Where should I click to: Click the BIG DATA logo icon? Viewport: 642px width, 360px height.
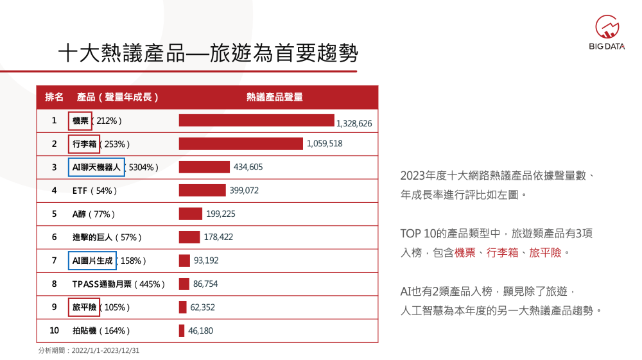pyautogui.click(x=607, y=27)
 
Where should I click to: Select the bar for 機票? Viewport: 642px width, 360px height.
pyautogui.click(x=256, y=121)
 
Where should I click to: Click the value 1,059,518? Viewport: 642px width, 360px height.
pyautogui.click(x=325, y=144)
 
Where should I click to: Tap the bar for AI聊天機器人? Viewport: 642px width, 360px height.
pyautogui.click(x=204, y=167)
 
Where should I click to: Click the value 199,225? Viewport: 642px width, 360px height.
pyautogui.click(x=221, y=214)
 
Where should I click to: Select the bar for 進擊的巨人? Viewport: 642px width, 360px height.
pyautogui.click(x=189, y=237)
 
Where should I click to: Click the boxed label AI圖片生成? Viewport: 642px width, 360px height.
pyautogui.click(x=92, y=261)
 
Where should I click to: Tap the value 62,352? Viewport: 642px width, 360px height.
pyautogui.click(x=203, y=307)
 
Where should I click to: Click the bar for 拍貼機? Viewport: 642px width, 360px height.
pyautogui.click(x=182, y=330)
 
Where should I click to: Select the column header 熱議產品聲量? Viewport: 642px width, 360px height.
pyautogui.click(x=275, y=98)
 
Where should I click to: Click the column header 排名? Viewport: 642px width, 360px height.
pyautogui.click(x=55, y=98)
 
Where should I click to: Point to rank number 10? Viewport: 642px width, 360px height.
pyautogui.click(x=55, y=330)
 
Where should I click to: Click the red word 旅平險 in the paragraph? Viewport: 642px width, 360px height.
pyautogui.click(x=545, y=253)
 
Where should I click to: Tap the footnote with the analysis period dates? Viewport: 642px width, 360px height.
pyautogui.click(x=89, y=351)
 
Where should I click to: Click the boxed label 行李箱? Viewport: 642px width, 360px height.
pyautogui.click(x=84, y=144)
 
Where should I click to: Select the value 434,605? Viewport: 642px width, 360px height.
pyautogui.click(x=248, y=167)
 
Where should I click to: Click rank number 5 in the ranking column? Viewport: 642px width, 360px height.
pyautogui.click(x=55, y=214)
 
